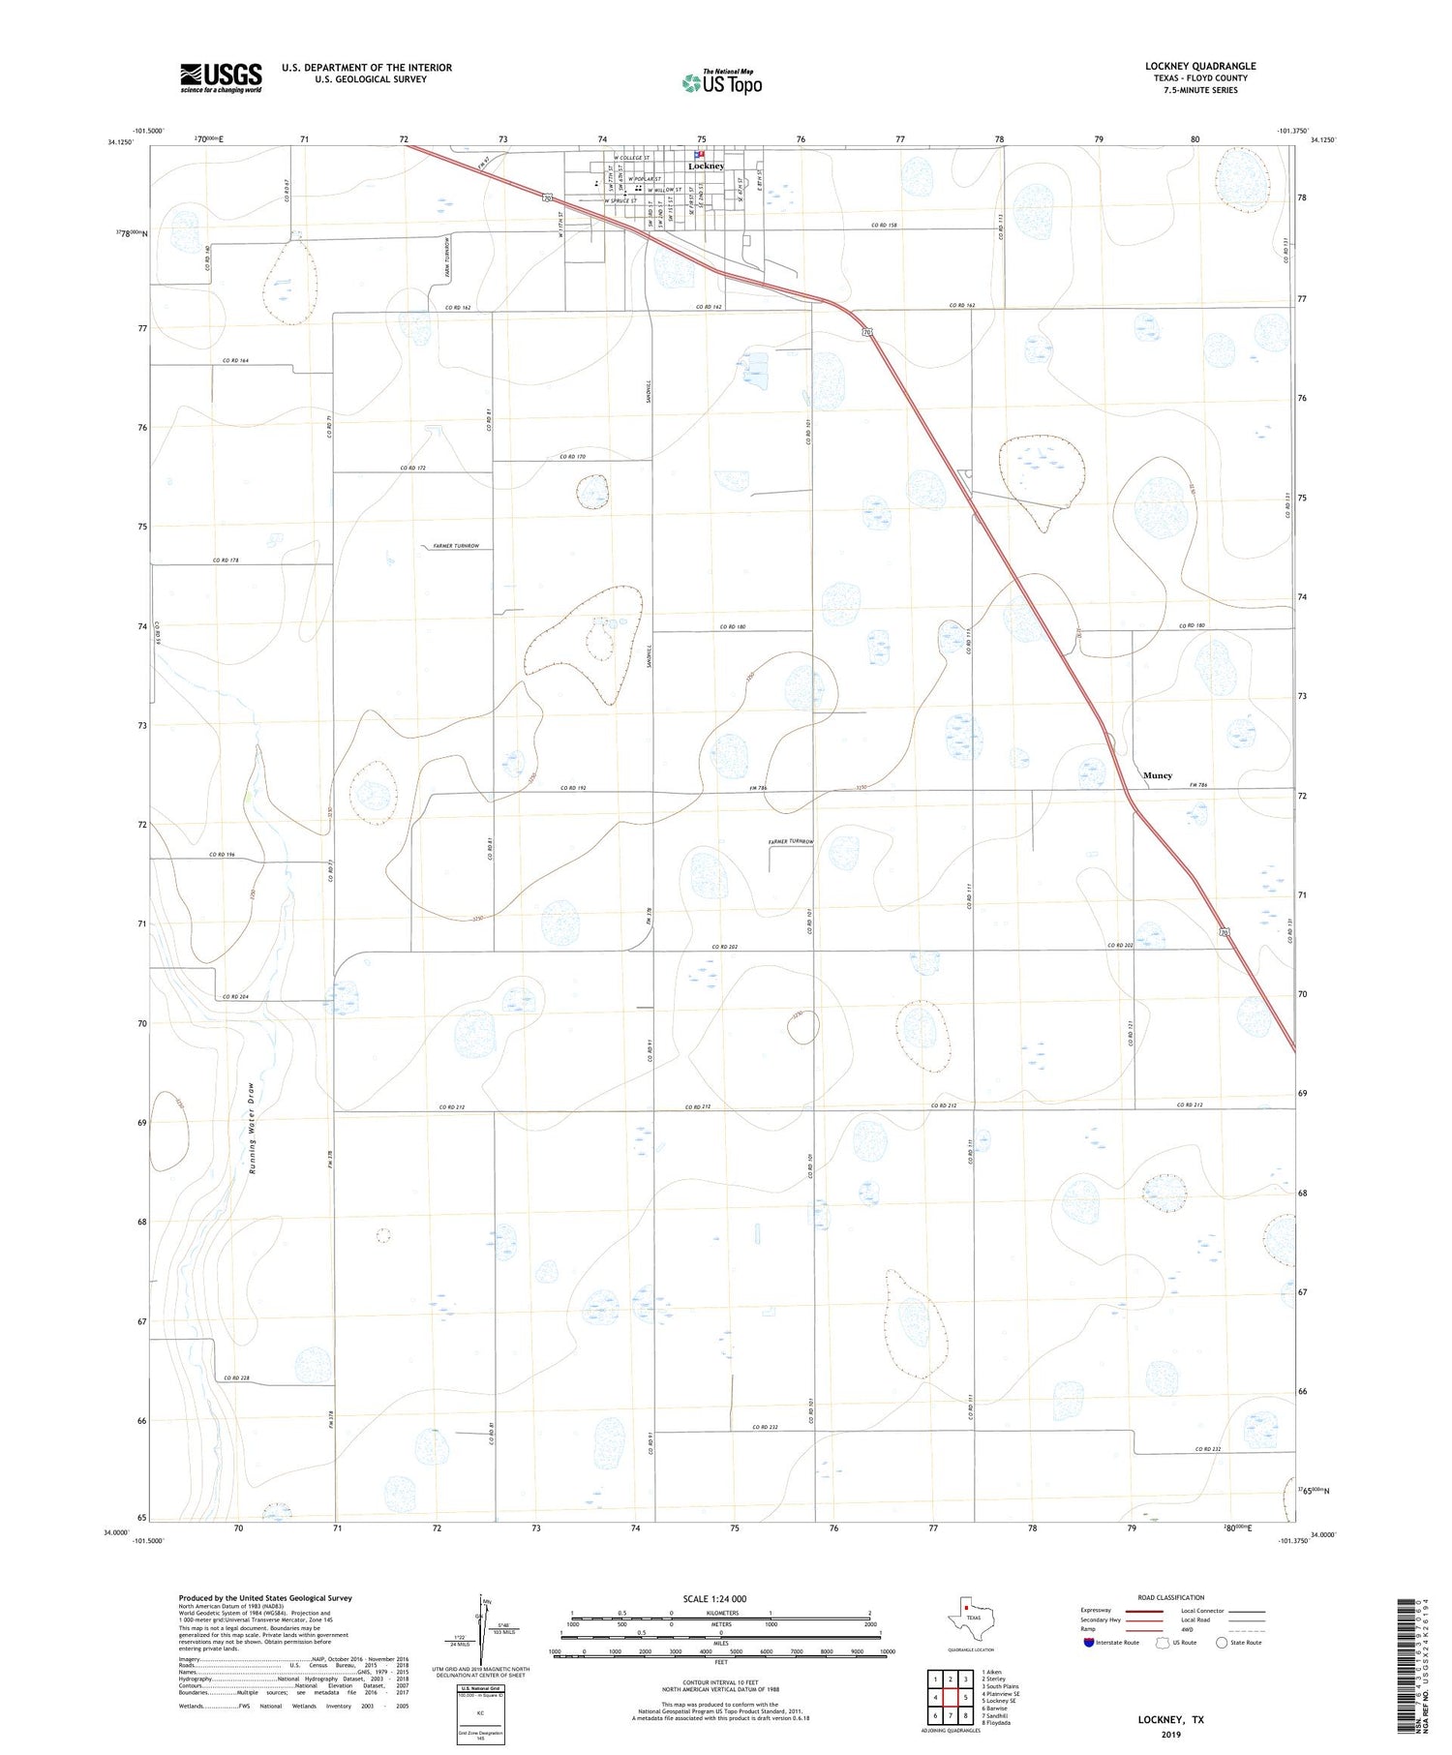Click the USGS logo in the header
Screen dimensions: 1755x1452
(221, 77)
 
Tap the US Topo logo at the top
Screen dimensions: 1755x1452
(722, 83)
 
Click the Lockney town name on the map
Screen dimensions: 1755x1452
(707, 166)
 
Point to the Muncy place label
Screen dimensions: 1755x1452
(1158, 775)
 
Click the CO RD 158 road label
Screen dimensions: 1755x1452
(885, 226)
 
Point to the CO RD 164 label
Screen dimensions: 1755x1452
(235, 361)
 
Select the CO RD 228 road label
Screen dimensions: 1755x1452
(236, 1378)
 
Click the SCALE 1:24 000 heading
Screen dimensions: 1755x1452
(716, 1599)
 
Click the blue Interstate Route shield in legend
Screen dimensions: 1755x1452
(1089, 1643)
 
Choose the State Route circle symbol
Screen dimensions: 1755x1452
(1223, 1643)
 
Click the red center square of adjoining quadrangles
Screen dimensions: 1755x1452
(953, 1697)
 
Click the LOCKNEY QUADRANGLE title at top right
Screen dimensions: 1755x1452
(1200, 67)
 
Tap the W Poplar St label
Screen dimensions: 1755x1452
(645, 179)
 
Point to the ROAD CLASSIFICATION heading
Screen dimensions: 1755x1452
(1170, 1597)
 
